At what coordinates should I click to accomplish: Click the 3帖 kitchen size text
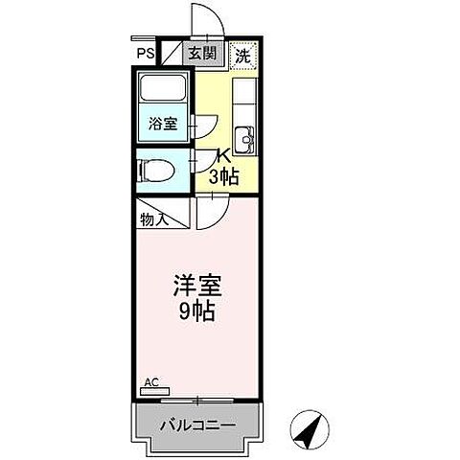point(223,176)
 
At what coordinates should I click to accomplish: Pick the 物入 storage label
point(155,219)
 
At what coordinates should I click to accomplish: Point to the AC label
point(150,381)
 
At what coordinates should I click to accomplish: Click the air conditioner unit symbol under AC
point(154,391)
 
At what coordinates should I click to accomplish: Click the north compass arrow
point(310,429)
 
